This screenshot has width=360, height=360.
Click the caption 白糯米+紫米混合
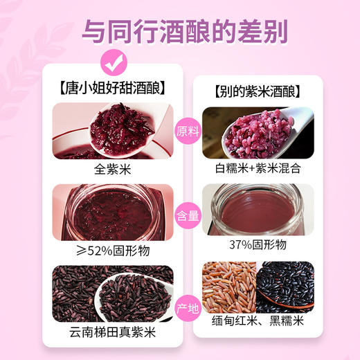pos(257,169)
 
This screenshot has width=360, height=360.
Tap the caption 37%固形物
pos(257,244)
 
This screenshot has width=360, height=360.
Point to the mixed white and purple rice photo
pos(257,132)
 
